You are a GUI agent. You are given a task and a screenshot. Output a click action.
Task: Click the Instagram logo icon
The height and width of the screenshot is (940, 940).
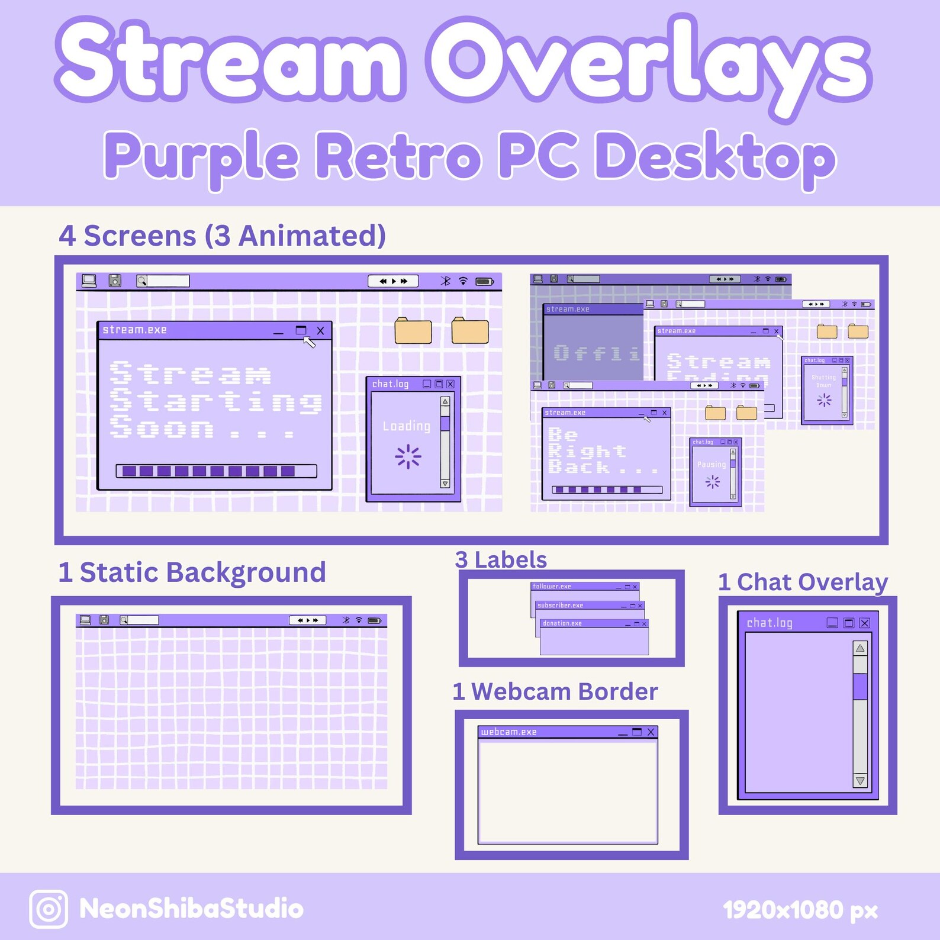tap(49, 909)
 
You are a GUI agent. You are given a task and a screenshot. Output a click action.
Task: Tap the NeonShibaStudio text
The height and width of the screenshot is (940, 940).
tap(191, 909)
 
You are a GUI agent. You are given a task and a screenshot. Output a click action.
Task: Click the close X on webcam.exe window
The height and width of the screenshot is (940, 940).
tap(651, 732)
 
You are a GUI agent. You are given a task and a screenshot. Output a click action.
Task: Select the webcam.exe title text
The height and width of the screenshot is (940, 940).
tap(508, 732)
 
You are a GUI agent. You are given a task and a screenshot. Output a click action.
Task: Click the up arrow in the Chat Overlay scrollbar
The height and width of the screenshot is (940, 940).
tap(860, 648)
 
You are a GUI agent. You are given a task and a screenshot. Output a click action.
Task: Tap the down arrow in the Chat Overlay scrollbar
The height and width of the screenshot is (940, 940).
tap(860, 781)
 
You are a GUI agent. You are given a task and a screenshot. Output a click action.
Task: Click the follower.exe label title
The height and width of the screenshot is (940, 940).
tap(552, 587)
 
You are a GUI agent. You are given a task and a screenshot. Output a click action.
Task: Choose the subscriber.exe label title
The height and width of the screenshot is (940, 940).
tap(560, 606)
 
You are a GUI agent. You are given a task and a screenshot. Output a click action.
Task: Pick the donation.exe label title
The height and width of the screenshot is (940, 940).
tap(562, 623)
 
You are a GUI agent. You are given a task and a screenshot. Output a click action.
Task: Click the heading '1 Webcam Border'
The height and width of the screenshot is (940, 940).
tap(555, 691)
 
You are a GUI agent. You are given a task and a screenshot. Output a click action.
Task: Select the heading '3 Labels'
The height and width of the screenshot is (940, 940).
tap(501, 559)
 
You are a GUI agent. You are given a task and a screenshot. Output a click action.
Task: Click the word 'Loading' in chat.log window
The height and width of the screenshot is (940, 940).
tap(407, 426)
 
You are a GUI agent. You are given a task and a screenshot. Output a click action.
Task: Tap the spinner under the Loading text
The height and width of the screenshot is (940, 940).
tap(408, 456)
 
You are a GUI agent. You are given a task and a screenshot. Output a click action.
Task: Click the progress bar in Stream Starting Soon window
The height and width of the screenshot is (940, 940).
tap(216, 471)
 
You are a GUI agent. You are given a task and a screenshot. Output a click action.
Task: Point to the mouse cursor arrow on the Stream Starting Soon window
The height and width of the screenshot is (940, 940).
tap(309, 342)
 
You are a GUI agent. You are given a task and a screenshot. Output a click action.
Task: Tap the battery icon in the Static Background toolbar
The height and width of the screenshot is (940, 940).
tap(375, 621)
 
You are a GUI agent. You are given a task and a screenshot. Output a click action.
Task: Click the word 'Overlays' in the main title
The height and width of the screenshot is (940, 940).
tap(648, 62)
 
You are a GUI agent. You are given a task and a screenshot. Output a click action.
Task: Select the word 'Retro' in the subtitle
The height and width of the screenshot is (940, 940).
tap(398, 156)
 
